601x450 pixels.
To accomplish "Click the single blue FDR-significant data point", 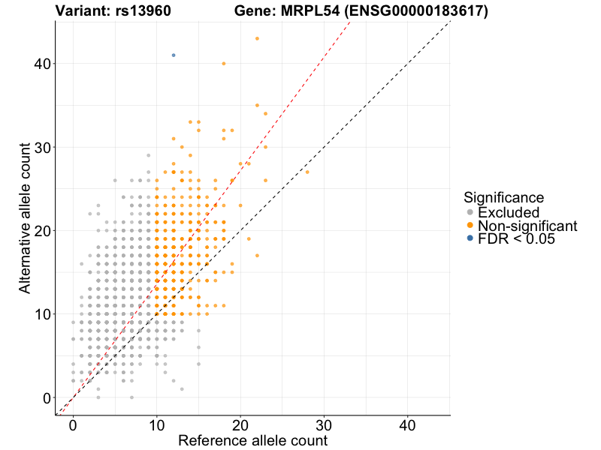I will (174, 55).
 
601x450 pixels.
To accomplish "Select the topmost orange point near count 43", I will (257, 38).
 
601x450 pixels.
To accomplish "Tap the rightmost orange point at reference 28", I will (307, 172).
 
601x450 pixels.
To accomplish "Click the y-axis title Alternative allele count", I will (25, 217).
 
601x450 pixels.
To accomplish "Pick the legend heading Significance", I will (503, 197).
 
